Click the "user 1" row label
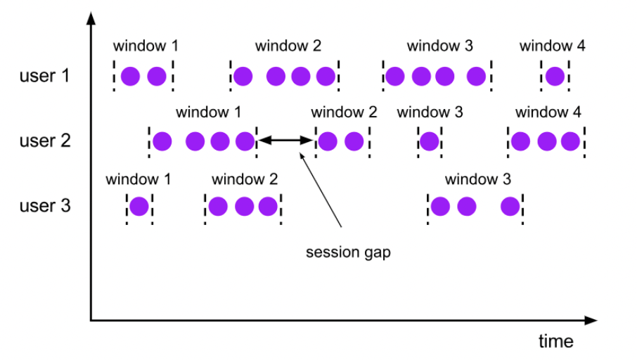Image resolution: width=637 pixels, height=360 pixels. (x=44, y=76)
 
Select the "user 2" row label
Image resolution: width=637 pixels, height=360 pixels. (x=45, y=141)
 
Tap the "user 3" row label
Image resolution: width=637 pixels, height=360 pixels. (x=45, y=206)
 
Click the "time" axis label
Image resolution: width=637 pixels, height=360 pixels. (x=555, y=341)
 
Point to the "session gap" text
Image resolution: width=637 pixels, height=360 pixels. (x=348, y=252)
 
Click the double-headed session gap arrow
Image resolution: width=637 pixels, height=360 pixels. (x=285, y=141)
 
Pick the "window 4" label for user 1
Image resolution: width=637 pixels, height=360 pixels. (x=552, y=46)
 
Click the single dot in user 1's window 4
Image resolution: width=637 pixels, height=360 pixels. (x=555, y=77)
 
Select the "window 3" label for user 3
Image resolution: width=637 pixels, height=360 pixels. (x=478, y=179)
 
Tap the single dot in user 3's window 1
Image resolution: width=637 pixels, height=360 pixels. (x=139, y=207)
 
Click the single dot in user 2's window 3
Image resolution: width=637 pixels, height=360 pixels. (x=430, y=141)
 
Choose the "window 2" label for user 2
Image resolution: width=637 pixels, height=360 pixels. (x=344, y=112)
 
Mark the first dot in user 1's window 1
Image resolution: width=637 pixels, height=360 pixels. (x=130, y=77)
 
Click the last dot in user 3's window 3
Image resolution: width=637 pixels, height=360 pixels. (x=510, y=207)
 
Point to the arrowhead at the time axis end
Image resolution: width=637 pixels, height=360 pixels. (x=591, y=321)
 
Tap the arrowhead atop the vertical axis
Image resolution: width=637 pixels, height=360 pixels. (x=91, y=18)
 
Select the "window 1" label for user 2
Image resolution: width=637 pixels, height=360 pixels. (x=208, y=112)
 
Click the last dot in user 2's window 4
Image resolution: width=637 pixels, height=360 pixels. (x=570, y=141)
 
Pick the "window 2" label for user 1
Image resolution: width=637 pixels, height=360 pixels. (x=288, y=46)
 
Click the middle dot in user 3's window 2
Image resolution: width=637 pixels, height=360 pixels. (x=244, y=207)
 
